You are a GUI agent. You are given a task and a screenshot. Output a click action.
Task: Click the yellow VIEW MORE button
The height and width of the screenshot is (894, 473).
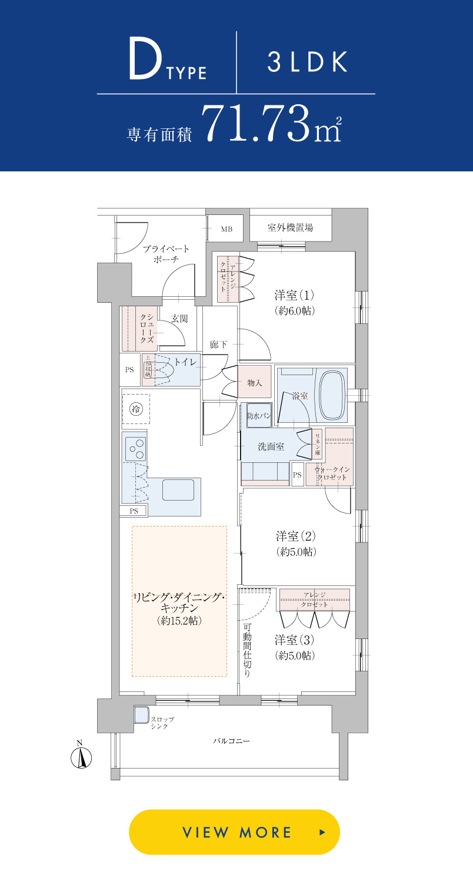[234, 832]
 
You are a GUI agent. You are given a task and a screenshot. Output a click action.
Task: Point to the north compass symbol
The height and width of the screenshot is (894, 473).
[81, 757]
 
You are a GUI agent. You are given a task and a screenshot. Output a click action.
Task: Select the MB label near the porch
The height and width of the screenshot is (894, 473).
[226, 229]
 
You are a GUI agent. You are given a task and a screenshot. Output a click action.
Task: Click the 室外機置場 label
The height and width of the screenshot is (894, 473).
[290, 228]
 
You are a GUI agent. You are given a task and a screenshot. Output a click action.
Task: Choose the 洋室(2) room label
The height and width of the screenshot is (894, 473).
[296, 536]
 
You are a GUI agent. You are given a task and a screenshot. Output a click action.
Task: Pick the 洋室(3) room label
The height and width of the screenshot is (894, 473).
[295, 640]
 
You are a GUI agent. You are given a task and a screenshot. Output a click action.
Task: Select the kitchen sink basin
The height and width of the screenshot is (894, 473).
[178, 489]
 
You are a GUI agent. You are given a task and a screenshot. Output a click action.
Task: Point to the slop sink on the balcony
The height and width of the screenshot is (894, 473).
[141, 715]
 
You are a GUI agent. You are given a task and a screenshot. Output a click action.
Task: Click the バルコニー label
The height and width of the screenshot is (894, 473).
[231, 741]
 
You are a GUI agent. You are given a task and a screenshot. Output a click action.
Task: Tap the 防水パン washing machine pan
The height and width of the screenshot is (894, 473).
[259, 415]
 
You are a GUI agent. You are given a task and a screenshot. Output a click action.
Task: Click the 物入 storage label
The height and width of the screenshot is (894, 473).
[255, 383]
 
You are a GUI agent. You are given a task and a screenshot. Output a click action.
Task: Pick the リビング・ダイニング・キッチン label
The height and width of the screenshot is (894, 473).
[179, 602]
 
